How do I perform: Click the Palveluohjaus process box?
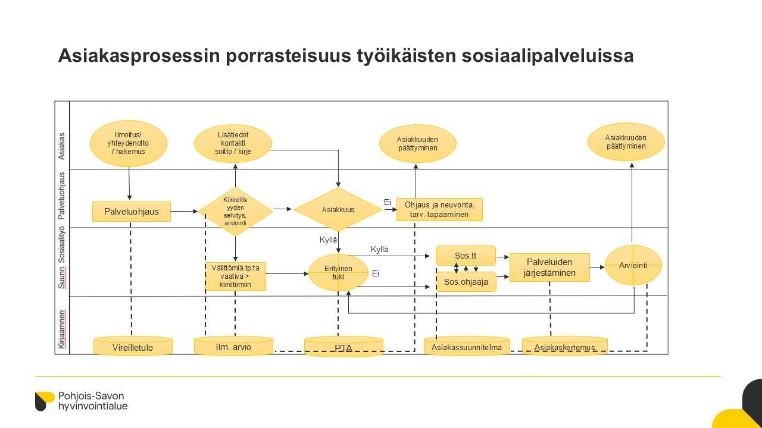[132, 211]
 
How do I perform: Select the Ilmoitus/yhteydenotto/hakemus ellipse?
[129, 143]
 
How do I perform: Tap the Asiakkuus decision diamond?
[338, 209]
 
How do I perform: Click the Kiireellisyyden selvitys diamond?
[235, 211]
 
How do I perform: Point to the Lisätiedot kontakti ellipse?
[233, 143]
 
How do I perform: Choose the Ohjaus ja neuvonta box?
[439, 209]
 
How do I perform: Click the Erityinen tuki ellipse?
[338, 272]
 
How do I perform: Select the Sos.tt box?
[466, 256]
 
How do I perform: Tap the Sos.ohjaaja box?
[466, 282]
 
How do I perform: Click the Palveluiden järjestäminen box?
[549, 267]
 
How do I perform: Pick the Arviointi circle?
[633, 265]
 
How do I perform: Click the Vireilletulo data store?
[133, 347]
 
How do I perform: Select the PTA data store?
[343, 347]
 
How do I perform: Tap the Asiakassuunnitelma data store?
[467, 347]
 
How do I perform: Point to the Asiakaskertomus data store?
[565, 347]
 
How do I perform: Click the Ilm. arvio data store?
[233, 347]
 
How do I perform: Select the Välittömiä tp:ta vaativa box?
[236, 276]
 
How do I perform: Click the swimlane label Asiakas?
[62, 146]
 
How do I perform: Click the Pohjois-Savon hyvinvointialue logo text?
[92, 401]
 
